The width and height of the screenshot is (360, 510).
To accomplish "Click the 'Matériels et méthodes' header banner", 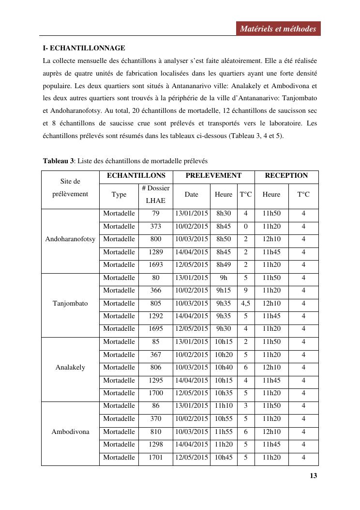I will point(278,29).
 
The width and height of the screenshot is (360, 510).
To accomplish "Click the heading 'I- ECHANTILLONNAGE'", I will point(84,48).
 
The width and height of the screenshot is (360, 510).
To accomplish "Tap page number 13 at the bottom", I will point(313,476).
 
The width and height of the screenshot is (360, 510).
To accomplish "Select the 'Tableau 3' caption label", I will point(58,161).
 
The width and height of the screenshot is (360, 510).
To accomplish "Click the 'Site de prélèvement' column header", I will point(70,188).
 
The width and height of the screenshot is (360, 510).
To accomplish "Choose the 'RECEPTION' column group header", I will point(286,176).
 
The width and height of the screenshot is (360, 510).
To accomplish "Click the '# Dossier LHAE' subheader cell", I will point(155,194).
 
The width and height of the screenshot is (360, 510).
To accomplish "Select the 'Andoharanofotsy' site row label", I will point(70,239).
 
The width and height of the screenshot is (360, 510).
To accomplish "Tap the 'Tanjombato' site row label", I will point(70,304).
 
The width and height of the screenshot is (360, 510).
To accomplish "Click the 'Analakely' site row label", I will point(70,368).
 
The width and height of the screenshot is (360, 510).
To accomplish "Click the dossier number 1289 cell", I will point(155,252).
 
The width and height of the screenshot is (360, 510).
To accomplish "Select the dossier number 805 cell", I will point(155,304).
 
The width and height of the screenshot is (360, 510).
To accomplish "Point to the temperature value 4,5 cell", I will point(245,304).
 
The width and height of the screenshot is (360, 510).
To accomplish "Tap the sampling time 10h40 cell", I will point(224,368).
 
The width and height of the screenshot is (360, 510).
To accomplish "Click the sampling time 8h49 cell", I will point(224,265).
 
